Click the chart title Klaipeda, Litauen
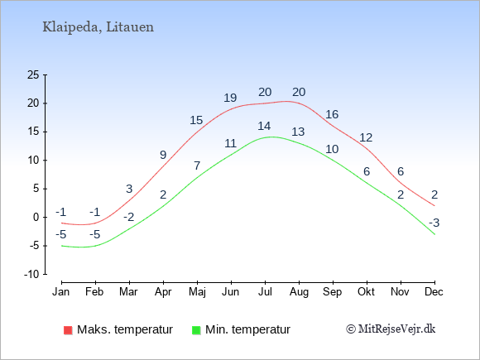point(98,27)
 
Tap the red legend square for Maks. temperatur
point(68,330)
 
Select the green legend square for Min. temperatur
point(196,330)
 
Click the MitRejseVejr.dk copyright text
point(391,329)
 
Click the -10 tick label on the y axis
point(31,274)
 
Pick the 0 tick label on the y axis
point(36,218)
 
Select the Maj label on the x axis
point(197,292)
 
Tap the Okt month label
point(366,292)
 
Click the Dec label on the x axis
point(434,292)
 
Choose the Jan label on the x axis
point(61,292)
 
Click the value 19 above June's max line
point(230,98)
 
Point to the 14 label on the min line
point(264,126)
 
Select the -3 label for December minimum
point(434,223)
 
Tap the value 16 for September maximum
point(332,115)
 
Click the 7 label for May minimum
point(197,166)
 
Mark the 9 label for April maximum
point(163,156)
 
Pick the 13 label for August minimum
point(298,132)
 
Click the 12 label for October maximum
point(366,137)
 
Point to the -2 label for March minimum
point(129,218)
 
